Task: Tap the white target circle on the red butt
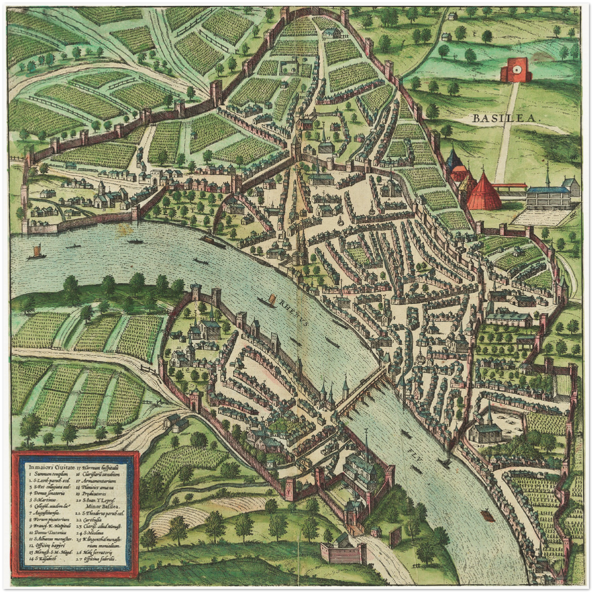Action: tap(516, 71)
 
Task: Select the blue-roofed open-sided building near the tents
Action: tap(547, 196)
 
